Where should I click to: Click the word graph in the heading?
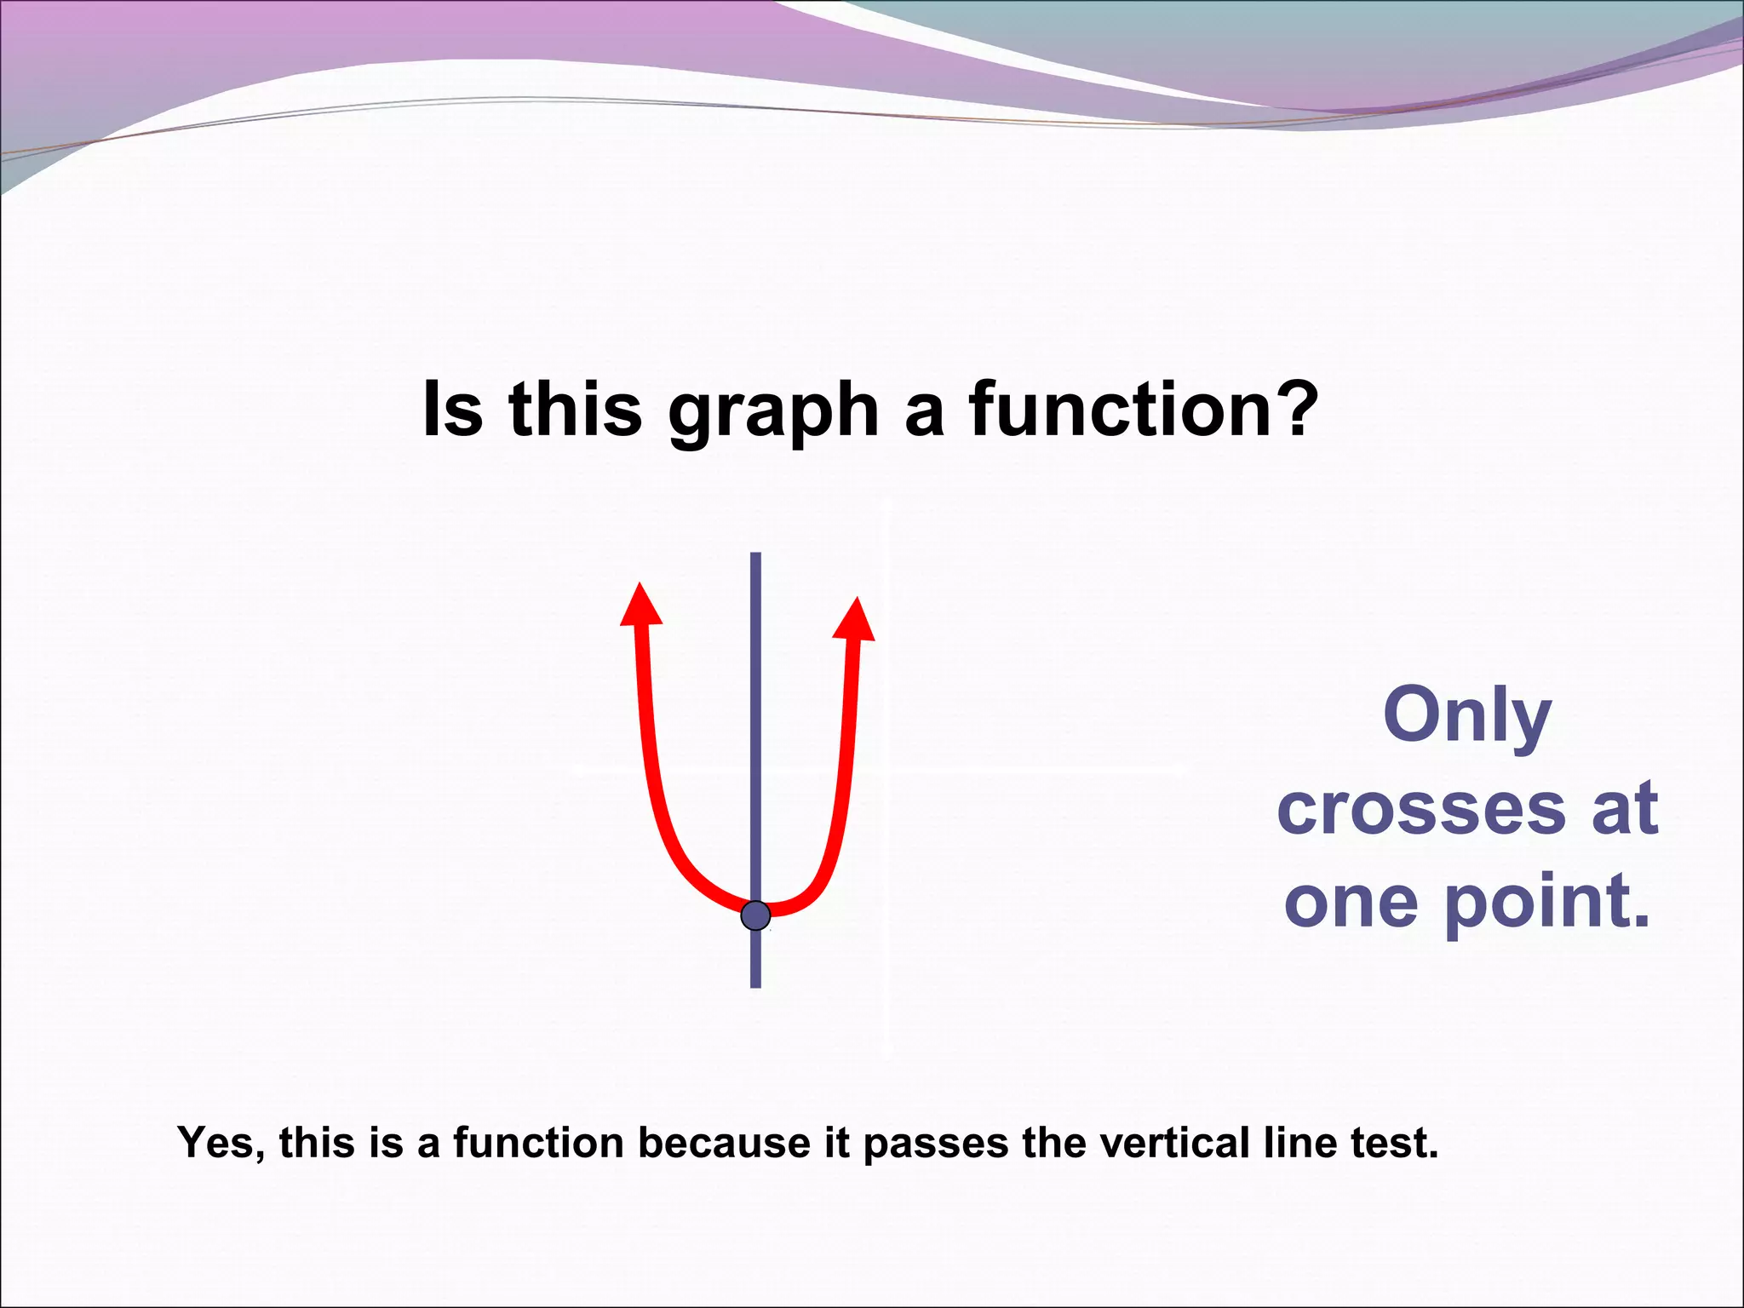[x=773, y=410]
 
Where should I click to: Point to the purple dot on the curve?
[x=755, y=915]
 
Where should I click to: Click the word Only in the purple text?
[x=1466, y=715]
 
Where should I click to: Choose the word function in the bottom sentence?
[x=538, y=1143]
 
